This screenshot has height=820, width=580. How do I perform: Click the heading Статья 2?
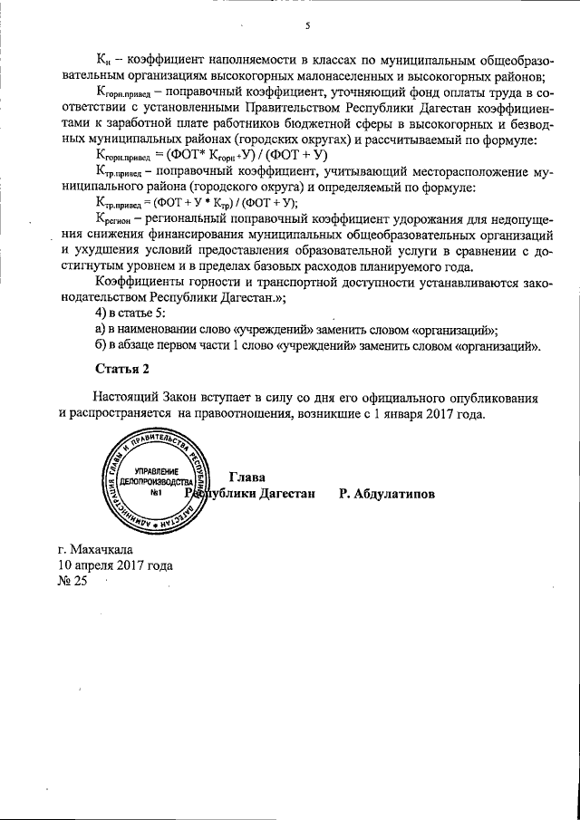pos(121,369)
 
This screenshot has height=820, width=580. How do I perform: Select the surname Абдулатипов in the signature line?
pos(387,495)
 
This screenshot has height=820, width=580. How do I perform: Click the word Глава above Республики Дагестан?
pos(247,478)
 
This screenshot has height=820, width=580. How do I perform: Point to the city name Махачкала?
pos(95,549)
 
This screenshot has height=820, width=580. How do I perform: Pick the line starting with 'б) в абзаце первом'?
pos(317,346)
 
